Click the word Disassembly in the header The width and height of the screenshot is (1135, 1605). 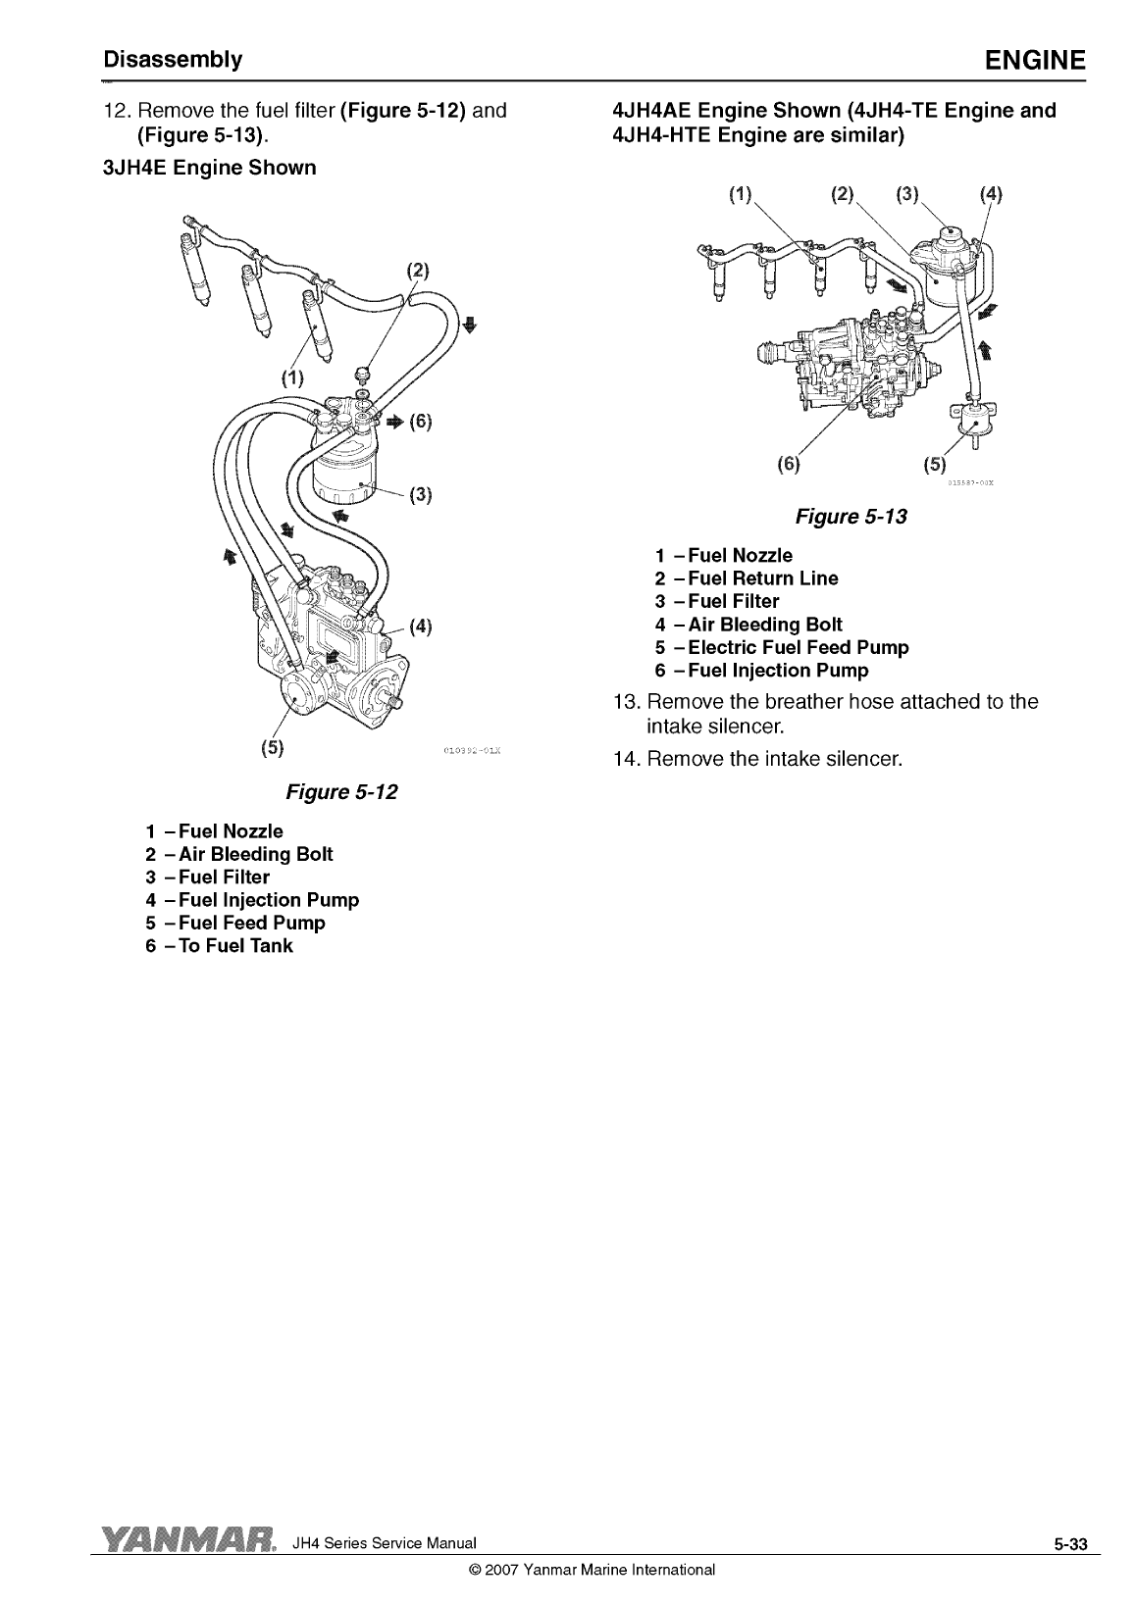(174, 59)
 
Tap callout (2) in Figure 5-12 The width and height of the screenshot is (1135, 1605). (419, 270)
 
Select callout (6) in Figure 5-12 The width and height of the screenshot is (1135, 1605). (420, 422)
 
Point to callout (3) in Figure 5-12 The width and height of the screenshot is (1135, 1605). (420, 493)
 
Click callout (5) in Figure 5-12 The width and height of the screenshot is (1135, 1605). (272, 748)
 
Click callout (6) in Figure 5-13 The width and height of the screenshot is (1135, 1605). (788, 463)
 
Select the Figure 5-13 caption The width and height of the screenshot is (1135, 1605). (851, 516)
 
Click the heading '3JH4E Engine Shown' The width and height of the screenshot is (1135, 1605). (210, 168)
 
